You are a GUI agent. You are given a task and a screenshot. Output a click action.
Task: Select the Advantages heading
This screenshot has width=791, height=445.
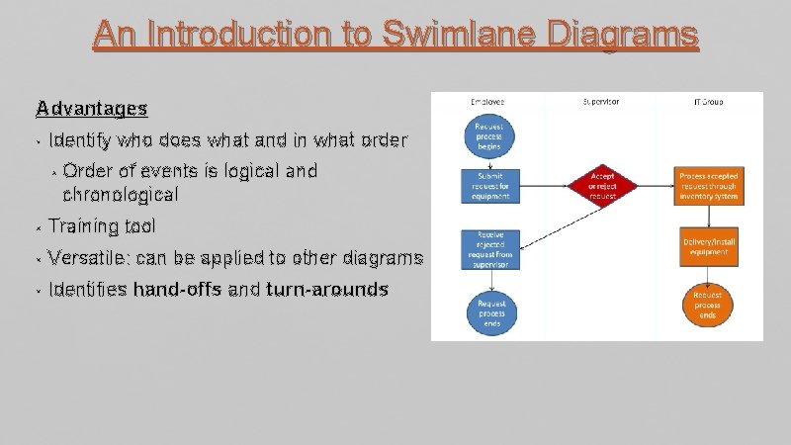91,107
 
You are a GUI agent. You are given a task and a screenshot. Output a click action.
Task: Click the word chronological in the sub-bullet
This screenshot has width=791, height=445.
120,194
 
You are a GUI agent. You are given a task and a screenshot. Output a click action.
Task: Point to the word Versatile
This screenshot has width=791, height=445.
88,259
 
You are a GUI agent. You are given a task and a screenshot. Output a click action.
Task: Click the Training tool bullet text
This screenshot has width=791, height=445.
101,226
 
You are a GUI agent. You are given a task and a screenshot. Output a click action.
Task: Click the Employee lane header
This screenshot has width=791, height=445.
486,102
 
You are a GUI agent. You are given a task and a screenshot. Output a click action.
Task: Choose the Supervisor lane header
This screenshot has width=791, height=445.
601,102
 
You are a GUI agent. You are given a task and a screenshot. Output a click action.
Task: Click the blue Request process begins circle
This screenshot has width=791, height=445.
487,136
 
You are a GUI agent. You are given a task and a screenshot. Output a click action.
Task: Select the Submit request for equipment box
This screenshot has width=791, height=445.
488,185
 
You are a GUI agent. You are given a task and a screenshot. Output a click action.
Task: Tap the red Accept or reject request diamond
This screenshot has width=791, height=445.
601,185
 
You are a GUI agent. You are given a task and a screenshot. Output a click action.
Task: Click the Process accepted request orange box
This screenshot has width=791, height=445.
708,185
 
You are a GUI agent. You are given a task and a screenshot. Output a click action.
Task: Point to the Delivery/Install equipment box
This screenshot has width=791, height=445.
708,245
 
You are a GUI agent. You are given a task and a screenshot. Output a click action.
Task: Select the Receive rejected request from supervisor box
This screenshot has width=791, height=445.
488,246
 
